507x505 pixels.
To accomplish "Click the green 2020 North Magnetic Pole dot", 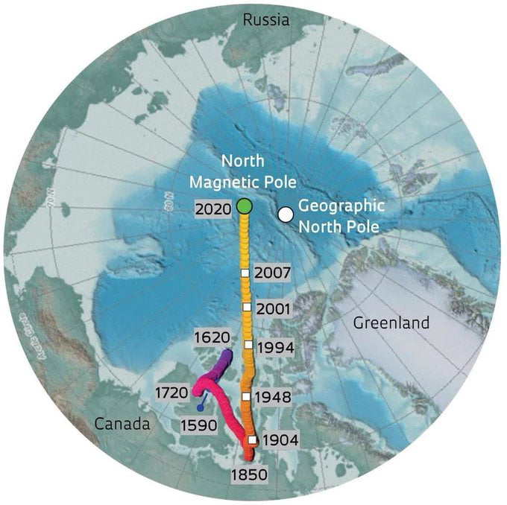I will pyautogui.click(x=244, y=206).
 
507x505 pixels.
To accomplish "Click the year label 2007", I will pyautogui.click(x=272, y=273).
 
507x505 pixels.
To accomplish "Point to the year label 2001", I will pyautogui.click(x=271, y=307).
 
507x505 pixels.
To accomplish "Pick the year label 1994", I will pyautogui.click(x=274, y=347).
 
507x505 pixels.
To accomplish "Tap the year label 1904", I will pyautogui.click(x=280, y=440).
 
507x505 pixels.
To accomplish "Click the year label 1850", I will pyautogui.click(x=250, y=472).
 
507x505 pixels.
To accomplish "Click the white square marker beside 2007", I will pyautogui.click(x=245, y=274).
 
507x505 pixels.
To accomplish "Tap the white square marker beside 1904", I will pyautogui.click(x=253, y=440).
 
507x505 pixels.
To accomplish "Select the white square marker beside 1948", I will pyautogui.click(x=245, y=397).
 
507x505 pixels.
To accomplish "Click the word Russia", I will pyautogui.click(x=266, y=20).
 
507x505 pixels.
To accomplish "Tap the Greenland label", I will pyautogui.click(x=391, y=323).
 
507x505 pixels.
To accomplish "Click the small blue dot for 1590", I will pyautogui.click(x=200, y=407).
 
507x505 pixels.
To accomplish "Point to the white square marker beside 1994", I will pyautogui.click(x=248, y=345).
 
